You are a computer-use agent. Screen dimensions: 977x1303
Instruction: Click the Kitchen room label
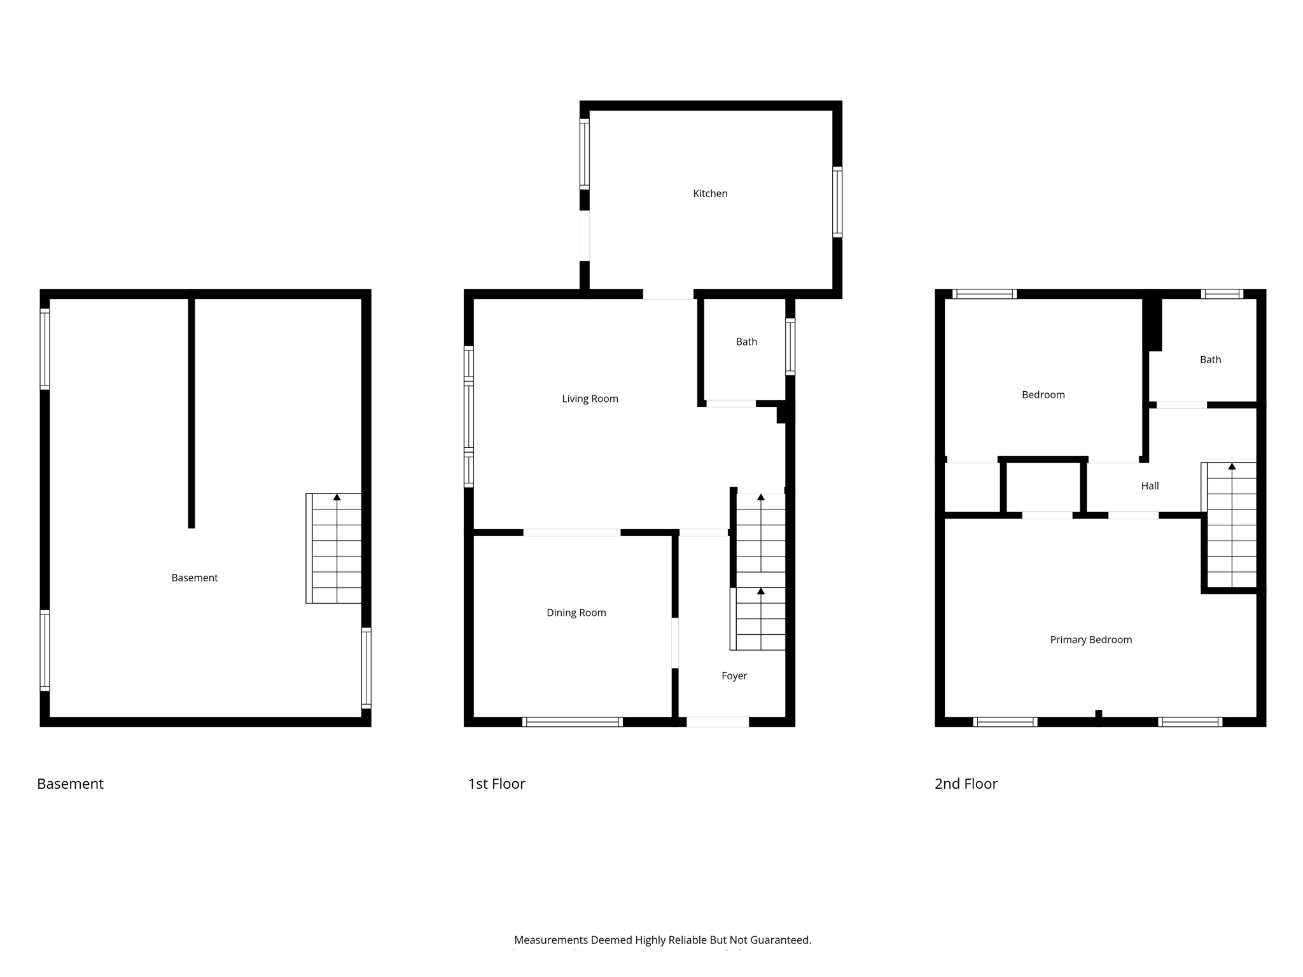coord(710,193)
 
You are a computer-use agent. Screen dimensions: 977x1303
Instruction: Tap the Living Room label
coord(590,399)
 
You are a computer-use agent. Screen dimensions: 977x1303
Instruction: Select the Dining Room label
coord(576,613)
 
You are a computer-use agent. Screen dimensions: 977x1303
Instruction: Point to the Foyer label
coord(734,676)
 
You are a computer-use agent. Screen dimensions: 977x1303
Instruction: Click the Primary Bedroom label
coord(1090,640)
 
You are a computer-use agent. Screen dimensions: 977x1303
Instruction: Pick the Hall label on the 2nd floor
coord(1150,486)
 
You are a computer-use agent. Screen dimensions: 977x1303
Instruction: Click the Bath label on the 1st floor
coord(746,342)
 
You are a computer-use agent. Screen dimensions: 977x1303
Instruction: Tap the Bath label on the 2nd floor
coord(1210,359)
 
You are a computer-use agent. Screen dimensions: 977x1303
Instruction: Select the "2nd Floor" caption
coord(965,784)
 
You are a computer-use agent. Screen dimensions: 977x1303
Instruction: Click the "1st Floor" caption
coord(496,784)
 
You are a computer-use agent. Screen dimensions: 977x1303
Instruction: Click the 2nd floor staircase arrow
coord(1232,467)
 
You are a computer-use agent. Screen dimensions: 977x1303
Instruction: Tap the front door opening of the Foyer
coord(717,722)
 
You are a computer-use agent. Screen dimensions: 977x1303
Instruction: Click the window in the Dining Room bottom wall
coord(572,722)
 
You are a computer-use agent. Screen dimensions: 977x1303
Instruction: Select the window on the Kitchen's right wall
coord(837,202)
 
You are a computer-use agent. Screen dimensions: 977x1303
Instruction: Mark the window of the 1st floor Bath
coord(790,347)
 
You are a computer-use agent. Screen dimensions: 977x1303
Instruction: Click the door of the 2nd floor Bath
coord(1181,405)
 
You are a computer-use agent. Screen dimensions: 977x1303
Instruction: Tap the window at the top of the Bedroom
coord(984,294)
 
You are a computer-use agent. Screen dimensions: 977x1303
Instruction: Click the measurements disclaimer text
coord(662,939)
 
